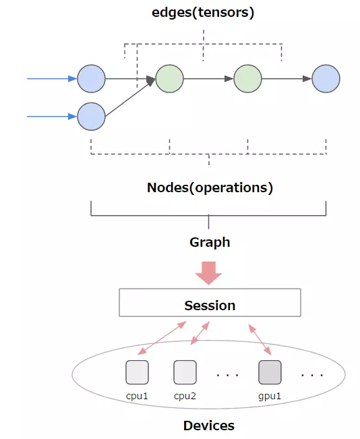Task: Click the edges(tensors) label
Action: coord(203,13)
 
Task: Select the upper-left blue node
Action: coord(91,79)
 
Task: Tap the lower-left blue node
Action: coord(91,116)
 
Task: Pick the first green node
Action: coord(169,79)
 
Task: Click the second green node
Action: coord(247,79)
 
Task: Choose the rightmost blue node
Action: coord(326,79)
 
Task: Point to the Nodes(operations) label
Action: coord(210,187)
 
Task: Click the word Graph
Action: coord(210,241)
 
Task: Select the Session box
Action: coord(210,305)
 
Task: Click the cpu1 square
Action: coord(137,372)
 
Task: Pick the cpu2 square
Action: coord(185,372)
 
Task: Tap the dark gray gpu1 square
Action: coord(270,372)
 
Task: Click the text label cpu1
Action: coord(137,395)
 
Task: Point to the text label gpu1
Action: coord(270,395)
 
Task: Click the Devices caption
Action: coord(209,426)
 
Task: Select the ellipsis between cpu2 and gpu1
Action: coord(227,374)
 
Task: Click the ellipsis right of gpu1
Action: coord(312,374)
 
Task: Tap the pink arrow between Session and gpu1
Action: coord(260,339)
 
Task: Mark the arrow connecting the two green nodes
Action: coord(209,79)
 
